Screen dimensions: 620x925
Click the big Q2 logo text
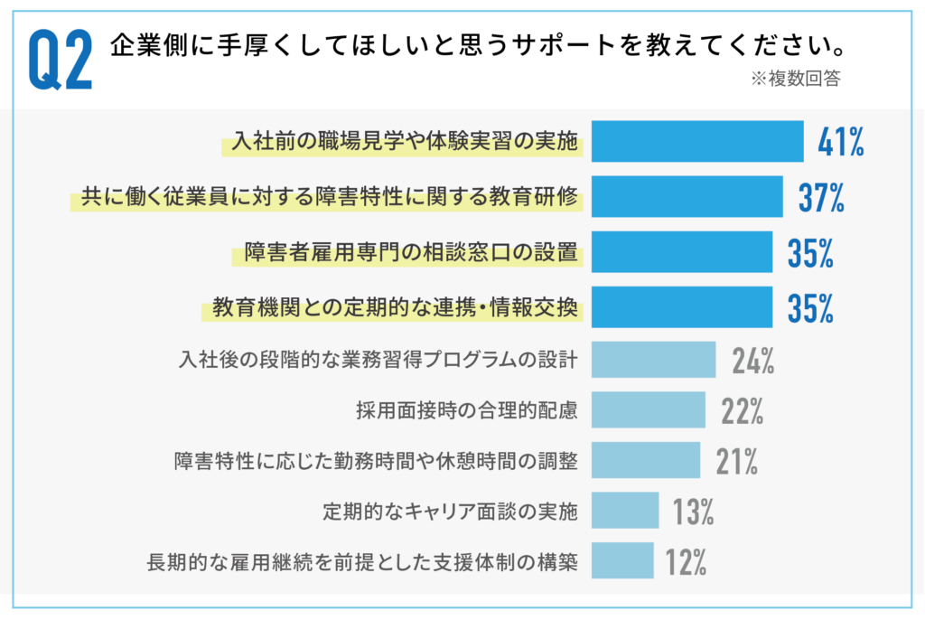(x=61, y=61)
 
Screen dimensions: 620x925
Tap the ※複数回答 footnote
(x=795, y=80)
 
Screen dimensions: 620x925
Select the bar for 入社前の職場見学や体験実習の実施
(x=697, y=141)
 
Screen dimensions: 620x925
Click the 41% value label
(x=840, y=142)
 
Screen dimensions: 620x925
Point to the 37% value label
(x=821, y=197)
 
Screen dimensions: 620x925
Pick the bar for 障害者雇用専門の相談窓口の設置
(x=682, y=252)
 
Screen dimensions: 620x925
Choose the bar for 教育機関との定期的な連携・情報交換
(x=682, y=307)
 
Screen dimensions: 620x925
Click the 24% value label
(x=753, y=360)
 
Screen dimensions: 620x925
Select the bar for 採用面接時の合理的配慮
(x=649, y=410)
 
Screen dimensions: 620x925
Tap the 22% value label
(x=743, y=411)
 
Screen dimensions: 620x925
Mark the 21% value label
(x=736, y=461)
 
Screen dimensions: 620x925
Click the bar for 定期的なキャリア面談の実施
(x=625, y=511)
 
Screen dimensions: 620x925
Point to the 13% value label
(x=693, y=512)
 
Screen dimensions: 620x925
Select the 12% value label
(x=686, y=562)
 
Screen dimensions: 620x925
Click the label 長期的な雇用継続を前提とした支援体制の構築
(x=361, y=562)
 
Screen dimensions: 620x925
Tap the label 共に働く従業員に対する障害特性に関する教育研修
(x=329, y=197)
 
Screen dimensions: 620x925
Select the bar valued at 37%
(x=687, y=197)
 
